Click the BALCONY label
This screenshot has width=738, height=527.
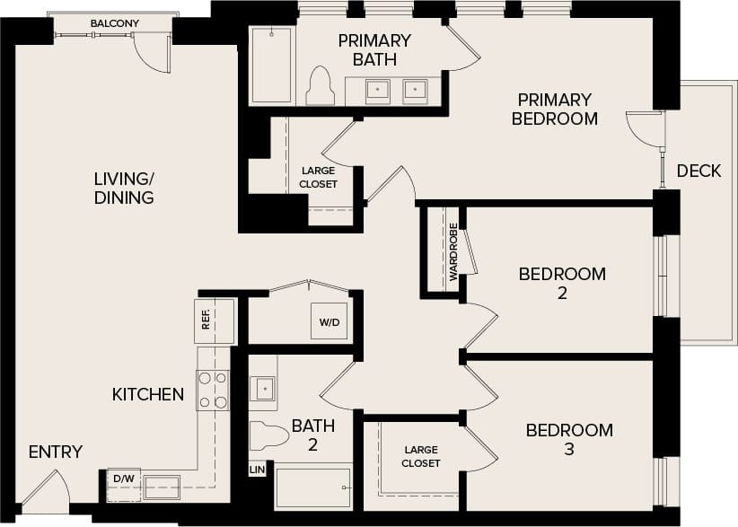114,23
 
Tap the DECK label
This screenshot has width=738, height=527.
698,171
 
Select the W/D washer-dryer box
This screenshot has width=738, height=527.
329,321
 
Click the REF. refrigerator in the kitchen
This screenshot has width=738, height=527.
215,321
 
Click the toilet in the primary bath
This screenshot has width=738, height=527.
320,87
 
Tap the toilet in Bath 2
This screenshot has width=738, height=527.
268,434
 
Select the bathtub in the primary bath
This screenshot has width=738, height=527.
271,65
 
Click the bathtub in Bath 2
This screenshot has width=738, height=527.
312,487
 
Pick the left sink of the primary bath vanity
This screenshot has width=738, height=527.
377,90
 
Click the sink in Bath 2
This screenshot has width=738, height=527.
263,389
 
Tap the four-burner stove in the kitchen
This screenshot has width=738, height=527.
213,390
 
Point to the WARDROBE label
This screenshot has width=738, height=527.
453,251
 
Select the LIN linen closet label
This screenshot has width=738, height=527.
256,470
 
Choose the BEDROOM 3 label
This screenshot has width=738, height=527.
569,439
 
